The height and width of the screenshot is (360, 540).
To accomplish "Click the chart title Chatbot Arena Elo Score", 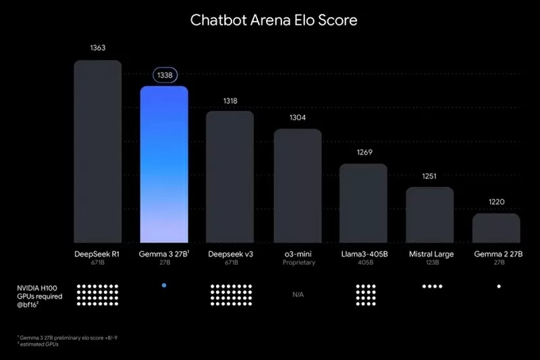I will pyautogui.click(x=273, y=20).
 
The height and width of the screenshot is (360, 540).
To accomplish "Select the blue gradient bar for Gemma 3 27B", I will pyautogui.click(x=164, y=165).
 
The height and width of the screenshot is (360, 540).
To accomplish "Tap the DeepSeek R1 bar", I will pyautogui.click(x=97, y=152).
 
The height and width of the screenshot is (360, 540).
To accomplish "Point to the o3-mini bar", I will pyautogui.click(x=298, y=186).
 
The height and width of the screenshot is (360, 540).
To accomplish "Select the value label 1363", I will pyautogui.click(x=97, y=48).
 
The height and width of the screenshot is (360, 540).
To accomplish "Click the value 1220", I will pyautogui.click(x=496, y=201).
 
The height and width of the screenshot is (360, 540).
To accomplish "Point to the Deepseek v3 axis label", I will pyautogui.click(x=231, y=254).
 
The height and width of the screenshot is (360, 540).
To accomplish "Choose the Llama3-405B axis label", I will pyautogui.click(x=364, y=254).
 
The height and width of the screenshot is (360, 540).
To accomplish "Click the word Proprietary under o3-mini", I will pyautogui.click(x=298, y=263).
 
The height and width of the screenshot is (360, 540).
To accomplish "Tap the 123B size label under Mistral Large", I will pyautogui.click(x=431, y=263).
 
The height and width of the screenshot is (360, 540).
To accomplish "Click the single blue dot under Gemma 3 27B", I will pyautogui.click(x=164, y=286).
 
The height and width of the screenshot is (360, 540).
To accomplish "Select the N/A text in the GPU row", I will pyautogui.click(x=298, y=294).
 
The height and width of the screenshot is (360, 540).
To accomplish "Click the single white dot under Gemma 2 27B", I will pyautogui.click(x=499, y=286).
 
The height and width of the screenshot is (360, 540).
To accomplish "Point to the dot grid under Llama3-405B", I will pyautogui.click(x=365, y=294).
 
